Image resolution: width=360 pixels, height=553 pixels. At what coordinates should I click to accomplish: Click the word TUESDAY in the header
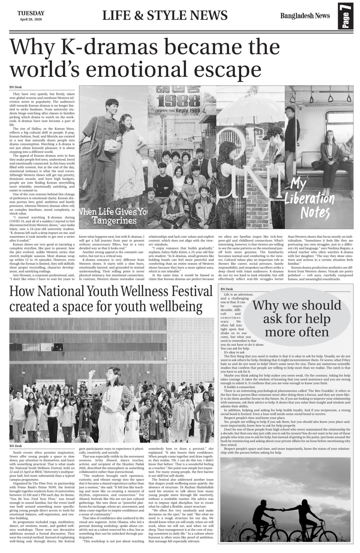[31, 13]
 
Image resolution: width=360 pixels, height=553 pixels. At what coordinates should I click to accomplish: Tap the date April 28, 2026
[31, 19]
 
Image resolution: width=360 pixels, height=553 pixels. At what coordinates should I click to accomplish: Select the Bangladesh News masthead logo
[305, 16]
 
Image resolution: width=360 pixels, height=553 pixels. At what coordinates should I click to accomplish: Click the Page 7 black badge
[345, 16]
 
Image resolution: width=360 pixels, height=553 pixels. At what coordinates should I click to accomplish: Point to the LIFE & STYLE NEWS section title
[165, 16]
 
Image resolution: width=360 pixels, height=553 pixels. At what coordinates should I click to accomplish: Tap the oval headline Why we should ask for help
[297, 318]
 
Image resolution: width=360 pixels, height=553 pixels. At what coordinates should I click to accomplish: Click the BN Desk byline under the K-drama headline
[15, 87]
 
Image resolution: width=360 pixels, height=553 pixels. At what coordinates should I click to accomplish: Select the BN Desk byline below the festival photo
[15, 446]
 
